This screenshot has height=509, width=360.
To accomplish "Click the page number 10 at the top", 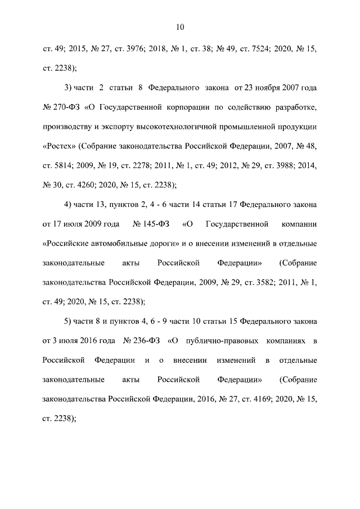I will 180,26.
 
